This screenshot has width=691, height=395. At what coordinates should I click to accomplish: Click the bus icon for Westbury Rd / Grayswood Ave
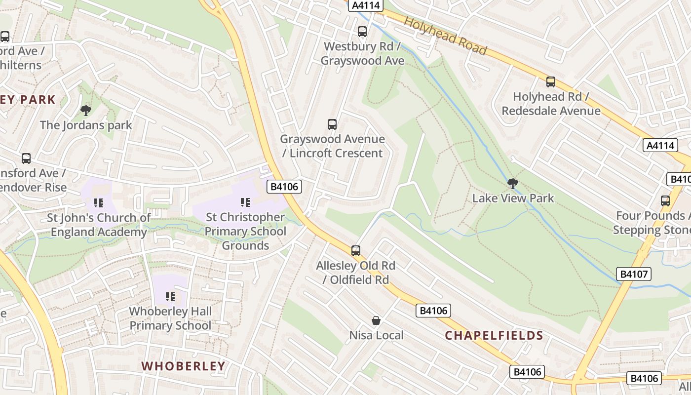pos(362,32)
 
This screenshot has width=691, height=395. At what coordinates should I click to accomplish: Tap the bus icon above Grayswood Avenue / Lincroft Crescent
pos(332,124)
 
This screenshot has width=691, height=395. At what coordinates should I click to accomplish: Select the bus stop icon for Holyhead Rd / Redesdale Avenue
pos(551,82)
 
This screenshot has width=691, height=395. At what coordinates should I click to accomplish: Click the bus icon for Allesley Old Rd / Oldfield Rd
pos(356,251)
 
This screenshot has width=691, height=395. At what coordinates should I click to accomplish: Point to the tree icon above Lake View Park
pos(513,184)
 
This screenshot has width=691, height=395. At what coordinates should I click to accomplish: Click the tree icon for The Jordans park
pos(86,110)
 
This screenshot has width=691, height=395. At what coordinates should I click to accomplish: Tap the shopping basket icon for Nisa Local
pos(376,321)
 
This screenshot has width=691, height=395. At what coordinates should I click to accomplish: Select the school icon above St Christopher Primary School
pos(245,202)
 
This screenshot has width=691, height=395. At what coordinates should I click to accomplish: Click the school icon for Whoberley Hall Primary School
pos(170,297)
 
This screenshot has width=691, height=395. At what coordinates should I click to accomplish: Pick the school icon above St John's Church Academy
pos(99,203)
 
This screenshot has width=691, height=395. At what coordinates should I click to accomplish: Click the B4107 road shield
pos(634,274)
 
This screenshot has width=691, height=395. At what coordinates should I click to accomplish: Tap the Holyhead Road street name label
pos(445,36)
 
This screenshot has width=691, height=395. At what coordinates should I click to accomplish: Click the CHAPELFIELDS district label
pos(494,336)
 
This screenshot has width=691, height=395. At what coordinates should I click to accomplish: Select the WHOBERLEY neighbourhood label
pos(184,366)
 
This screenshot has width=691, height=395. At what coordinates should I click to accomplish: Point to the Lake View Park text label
pos(513,198)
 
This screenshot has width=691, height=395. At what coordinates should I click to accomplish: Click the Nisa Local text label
pos(376,335)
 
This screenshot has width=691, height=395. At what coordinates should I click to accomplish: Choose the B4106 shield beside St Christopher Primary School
pos(284,187)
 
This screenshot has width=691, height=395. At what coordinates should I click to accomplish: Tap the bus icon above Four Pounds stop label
pos(665,201)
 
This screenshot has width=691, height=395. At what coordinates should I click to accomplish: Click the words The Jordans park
pos(86,125)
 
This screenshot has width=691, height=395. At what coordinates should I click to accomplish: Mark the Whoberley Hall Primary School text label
pos(170,318)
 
